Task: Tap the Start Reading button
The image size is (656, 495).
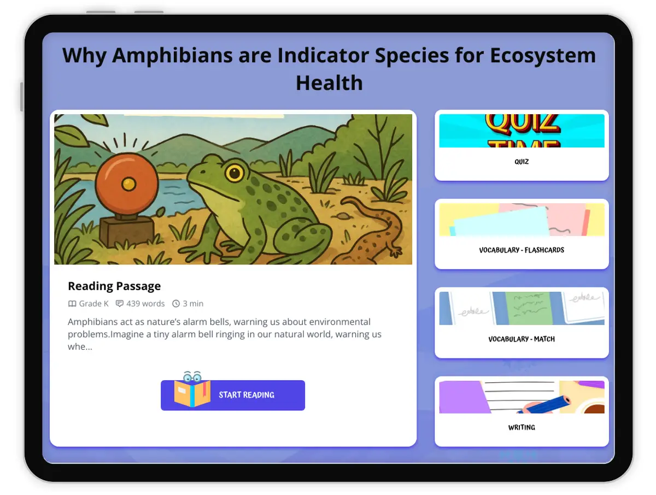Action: click(x=232, y=394)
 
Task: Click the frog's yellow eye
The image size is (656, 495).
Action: click(x=235, y=173)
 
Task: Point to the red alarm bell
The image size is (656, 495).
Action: click(x=127, y=184)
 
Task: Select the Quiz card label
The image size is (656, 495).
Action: click(x=521, y=162)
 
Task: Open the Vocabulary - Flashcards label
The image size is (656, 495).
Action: click(x=521, y=250)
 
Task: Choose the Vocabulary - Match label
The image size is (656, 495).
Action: click(x=521, y=339)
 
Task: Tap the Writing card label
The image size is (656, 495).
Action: click(x=521, y=427)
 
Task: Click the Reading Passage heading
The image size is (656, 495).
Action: click(x=114, y=286)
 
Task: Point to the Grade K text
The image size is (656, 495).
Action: click(x=93, y=303)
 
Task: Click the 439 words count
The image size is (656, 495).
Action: click(x=145, y=303)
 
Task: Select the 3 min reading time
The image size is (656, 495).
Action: click(x=193, y=303)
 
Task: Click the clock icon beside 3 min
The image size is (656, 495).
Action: click(x=176, y=304)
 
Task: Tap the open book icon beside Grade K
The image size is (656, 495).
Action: click(x=72, y=304)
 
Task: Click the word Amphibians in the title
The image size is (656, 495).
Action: click(x=172, y=56)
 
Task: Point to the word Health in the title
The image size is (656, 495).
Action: click(x=329, y=82)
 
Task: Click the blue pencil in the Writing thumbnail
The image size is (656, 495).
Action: click(x=544, y=404)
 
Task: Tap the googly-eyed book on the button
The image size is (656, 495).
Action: click(x=192, y=390)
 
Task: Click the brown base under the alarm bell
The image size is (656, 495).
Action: click(x=127, y=231)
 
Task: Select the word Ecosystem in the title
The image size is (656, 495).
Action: click(x=542, y=56)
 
